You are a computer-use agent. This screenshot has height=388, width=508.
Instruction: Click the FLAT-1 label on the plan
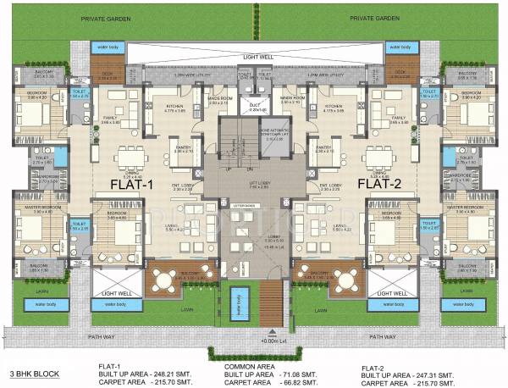[x=132, y=182]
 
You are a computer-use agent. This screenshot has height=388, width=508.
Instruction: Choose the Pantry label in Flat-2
[x=323, y=148]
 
